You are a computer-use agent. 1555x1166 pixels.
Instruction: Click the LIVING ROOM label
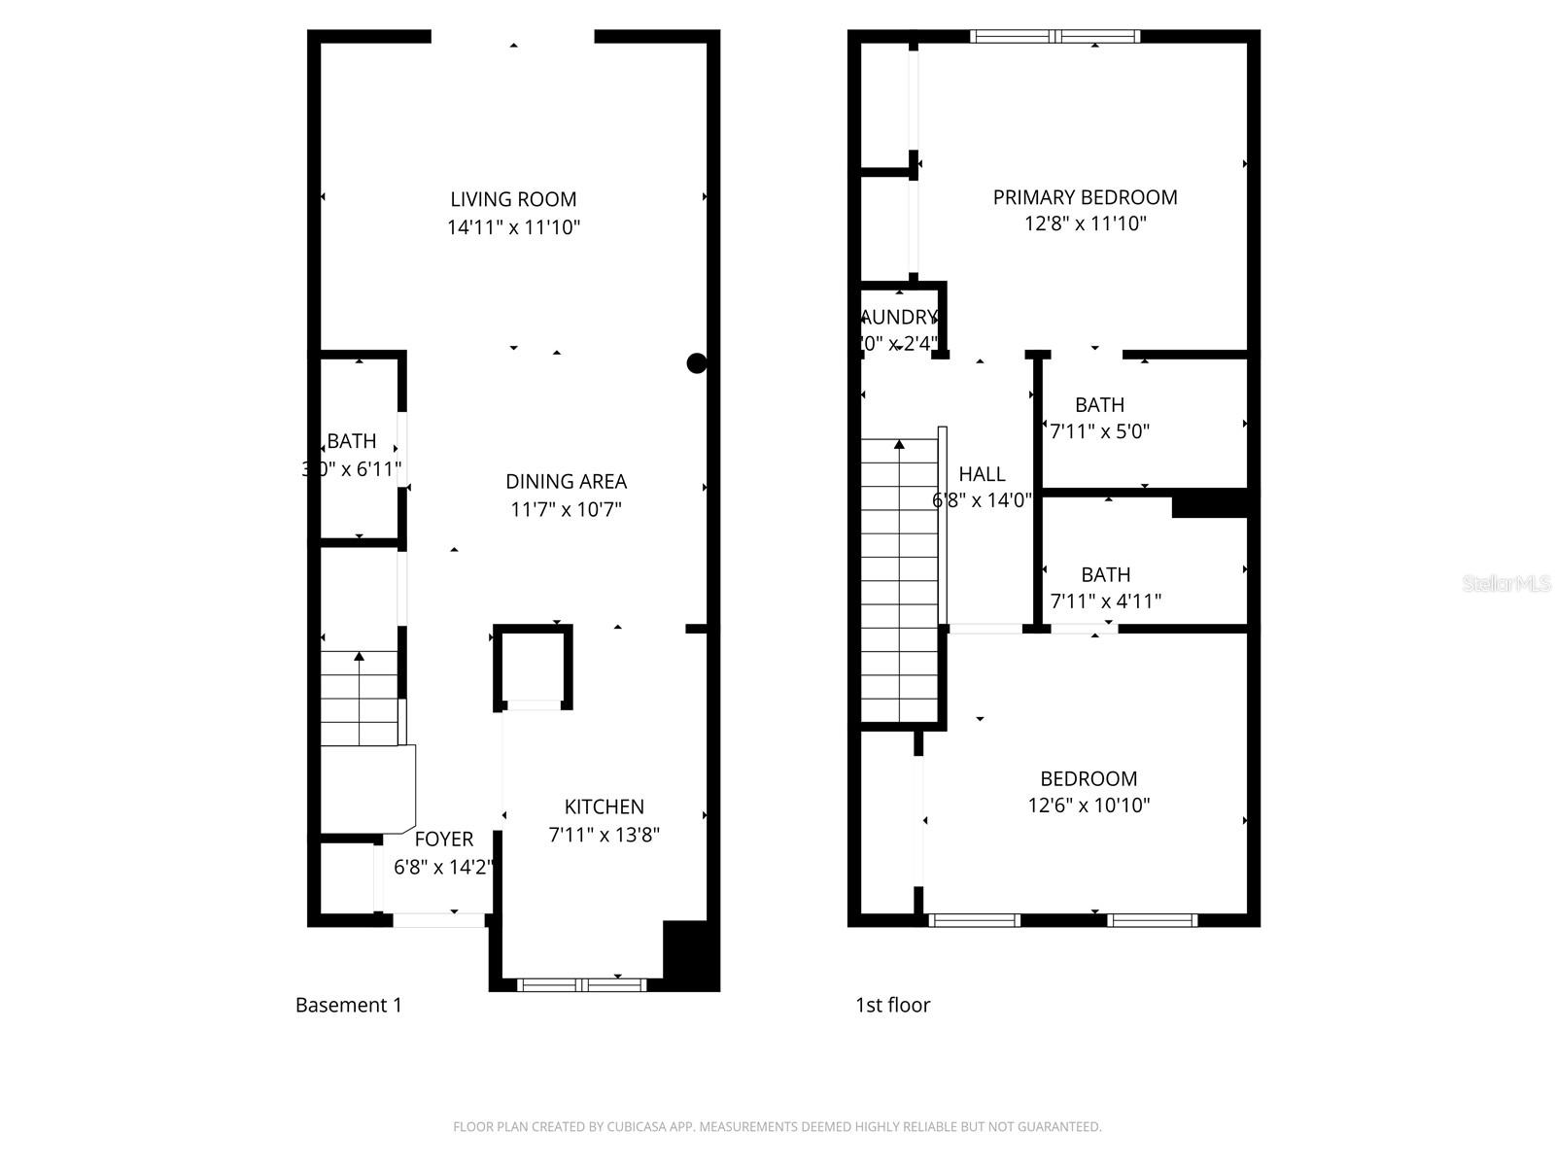(513, 199)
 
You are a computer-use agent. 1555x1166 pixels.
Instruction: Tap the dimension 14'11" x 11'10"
(513, 227)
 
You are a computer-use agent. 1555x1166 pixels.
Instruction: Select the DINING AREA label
(566, 481)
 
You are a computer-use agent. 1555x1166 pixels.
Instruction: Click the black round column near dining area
(697, 363)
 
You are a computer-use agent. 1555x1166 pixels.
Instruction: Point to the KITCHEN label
(604, 806)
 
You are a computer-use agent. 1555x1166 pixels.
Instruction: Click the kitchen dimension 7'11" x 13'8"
(604, 834)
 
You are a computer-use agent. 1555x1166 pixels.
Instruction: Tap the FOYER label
(444, 840)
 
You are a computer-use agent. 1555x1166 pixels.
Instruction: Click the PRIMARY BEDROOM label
(1085, 197)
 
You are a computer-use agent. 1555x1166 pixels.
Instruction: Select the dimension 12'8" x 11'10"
(1085, 223)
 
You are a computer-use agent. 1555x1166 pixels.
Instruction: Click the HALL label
(982, 474)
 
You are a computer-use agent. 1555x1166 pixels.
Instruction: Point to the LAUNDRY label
(900, 318)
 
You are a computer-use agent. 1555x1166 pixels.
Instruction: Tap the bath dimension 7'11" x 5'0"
(1099, 431)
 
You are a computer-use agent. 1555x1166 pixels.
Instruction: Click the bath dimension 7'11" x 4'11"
(1105, 601)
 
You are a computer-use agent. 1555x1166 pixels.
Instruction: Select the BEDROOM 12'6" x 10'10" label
(1088, 778)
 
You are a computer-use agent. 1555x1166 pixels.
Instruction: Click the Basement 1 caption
(348, 1006)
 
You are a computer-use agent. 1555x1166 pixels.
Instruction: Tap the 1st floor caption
(892, 1006)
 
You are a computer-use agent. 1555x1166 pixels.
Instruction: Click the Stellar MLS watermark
(1506, 584)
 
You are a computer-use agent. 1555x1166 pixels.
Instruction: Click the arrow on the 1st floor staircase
(899, 445)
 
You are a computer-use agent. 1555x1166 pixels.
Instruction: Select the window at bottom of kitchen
(581, 984)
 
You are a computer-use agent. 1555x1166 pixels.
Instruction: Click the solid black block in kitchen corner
(690, 953)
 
